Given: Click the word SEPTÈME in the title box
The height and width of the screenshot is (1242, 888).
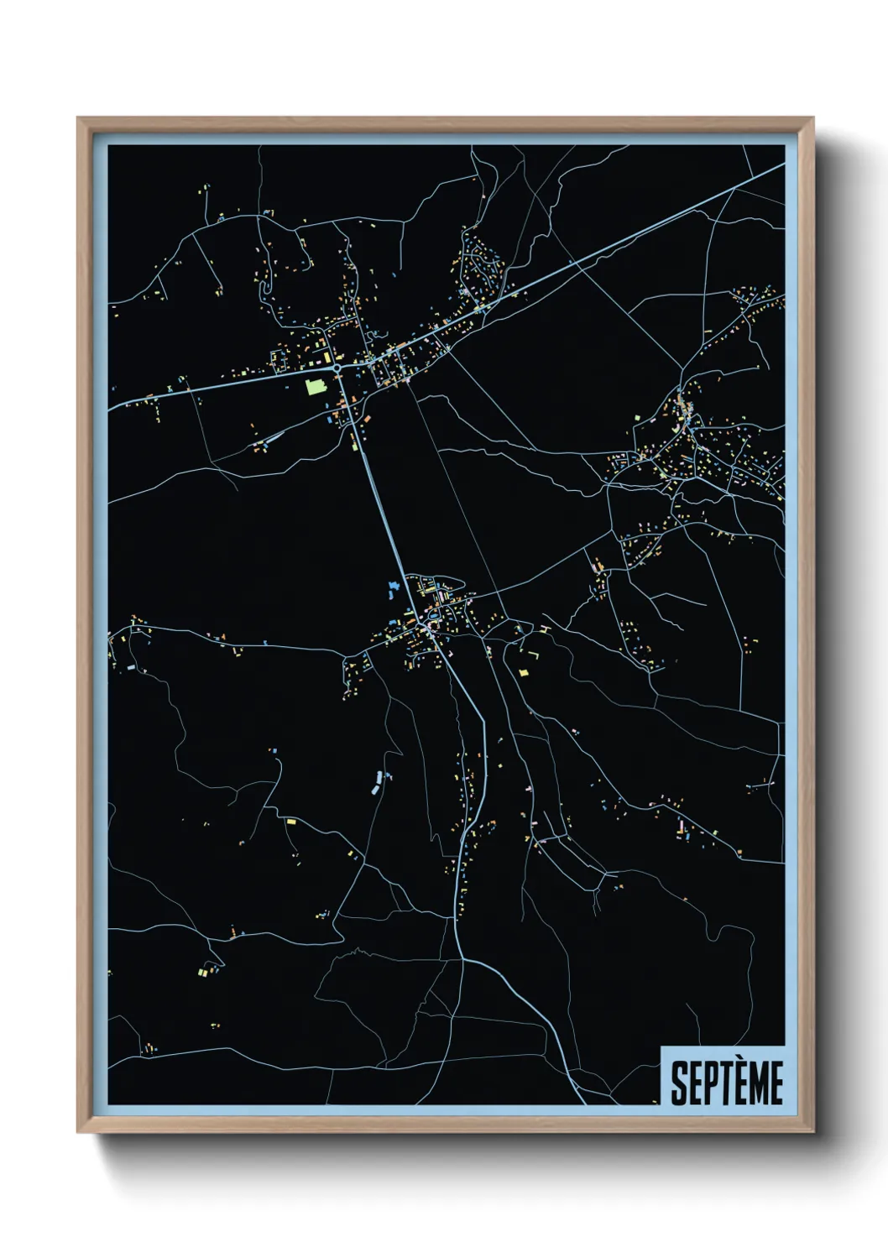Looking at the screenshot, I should (x=727, y=1083).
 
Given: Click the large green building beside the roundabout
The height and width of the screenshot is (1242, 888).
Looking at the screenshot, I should (x=316, y=386).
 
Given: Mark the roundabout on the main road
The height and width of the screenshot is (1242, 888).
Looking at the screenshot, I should (x=337, y=368).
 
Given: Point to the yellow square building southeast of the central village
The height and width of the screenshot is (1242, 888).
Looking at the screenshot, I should (x=520, y=672).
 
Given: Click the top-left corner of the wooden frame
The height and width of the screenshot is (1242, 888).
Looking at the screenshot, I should (x=79, y=119).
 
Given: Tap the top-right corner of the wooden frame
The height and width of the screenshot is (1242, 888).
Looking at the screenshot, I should (x=812, y=119).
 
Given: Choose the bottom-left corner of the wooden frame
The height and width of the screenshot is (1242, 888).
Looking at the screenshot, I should (x=79, y=1131).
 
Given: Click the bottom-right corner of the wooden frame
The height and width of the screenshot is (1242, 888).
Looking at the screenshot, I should (x=812, y=1131).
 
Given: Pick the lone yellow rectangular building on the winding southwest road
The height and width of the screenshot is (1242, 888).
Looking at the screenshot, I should (x=291, y=822).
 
